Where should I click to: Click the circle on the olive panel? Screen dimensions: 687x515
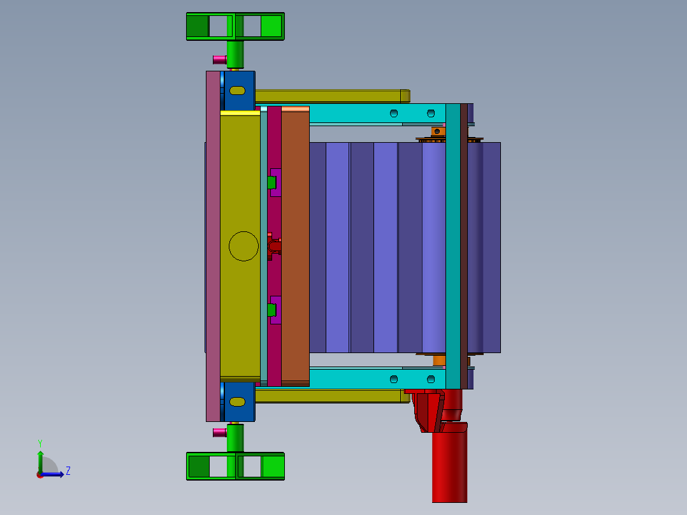point(243,232)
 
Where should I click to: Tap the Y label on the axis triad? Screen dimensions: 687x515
point(40,444)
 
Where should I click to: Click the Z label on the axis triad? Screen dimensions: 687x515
point(68,471)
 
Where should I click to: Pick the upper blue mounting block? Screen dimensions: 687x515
point(239,91)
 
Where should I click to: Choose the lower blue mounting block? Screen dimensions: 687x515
point(239,402)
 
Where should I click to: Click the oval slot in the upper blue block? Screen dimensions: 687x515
point(238,91)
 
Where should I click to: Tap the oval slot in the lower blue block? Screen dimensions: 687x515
point(238,402)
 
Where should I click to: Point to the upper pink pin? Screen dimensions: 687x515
point(219,60)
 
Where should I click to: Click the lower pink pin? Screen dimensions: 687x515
point(219,433)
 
